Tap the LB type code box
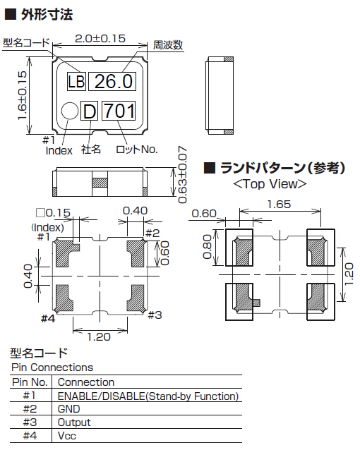(x=76, y=82)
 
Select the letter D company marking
(x=89, y=111)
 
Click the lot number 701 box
(x=119, y=111)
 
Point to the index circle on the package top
(x=70, y=111)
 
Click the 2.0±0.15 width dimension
(x=100, y=39)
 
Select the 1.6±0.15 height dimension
(x=22, y=95)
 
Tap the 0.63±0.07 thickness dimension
(x=182, y=175)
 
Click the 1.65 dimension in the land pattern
(x=279, y=205)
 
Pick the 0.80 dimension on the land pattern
(x=207, y=247)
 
